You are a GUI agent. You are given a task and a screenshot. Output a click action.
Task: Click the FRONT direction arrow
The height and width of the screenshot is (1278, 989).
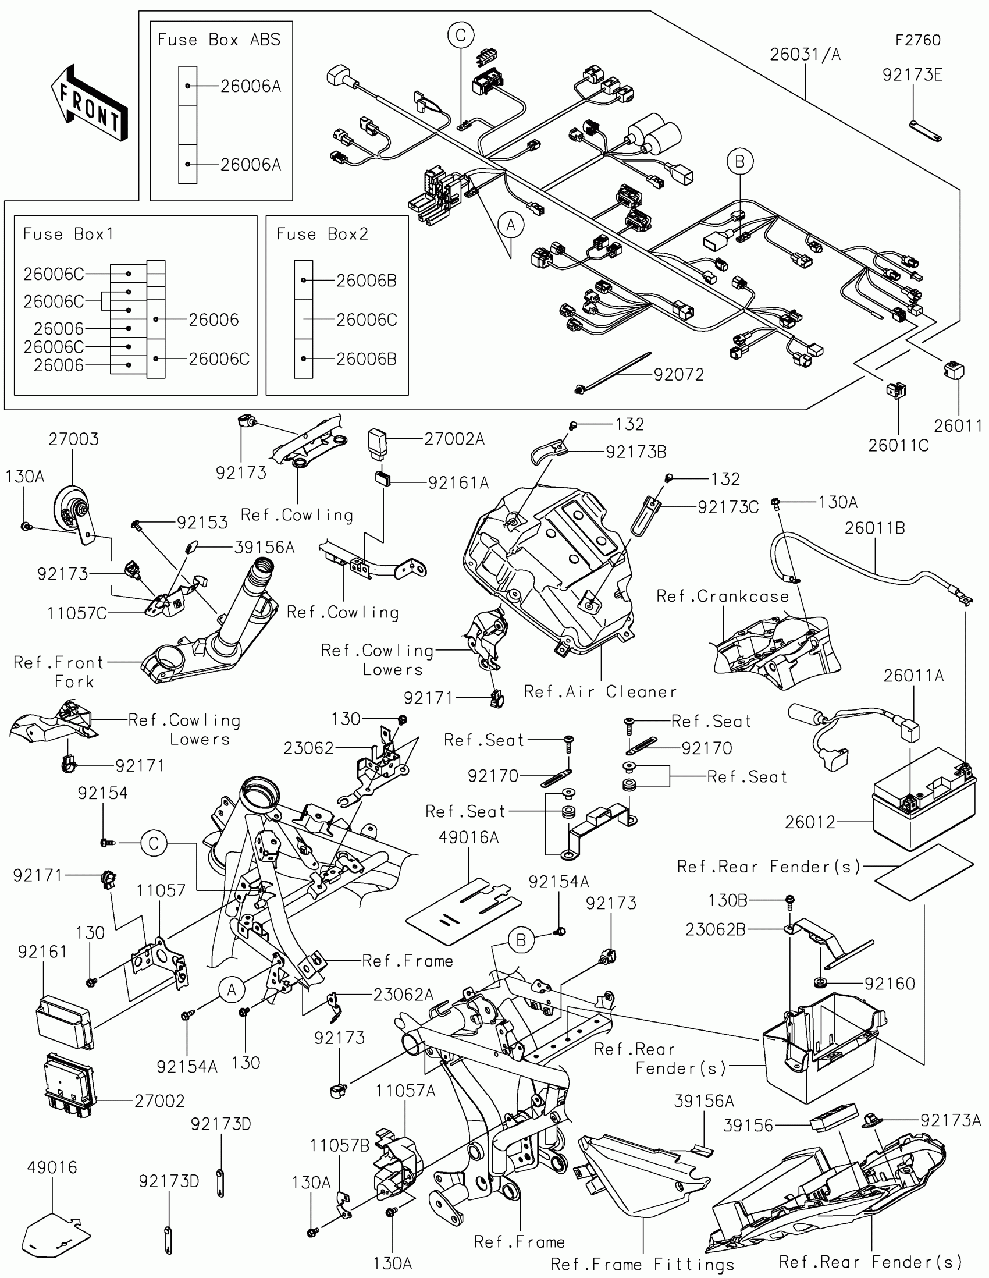click(89, 104)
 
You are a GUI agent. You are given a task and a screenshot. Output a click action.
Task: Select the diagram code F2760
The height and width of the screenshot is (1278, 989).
click(917, 40)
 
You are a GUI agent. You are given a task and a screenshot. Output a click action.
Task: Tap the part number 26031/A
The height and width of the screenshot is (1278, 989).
click(805, 55)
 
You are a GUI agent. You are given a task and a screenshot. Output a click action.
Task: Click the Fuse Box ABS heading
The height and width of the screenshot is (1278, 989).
click(219, 40)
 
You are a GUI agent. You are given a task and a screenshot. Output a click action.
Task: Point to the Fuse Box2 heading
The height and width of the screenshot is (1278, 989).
click(322, 234)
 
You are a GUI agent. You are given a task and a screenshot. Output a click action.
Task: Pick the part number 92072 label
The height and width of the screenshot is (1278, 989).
click(678, 375)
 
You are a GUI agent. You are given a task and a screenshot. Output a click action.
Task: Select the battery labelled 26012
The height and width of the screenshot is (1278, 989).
click(924, 798)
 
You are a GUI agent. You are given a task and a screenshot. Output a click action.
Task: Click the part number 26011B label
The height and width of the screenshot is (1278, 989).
click(874, 528)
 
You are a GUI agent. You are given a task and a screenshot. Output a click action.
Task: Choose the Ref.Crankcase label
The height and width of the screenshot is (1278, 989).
click(723, 597)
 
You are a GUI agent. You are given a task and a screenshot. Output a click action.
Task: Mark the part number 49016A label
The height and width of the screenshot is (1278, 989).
click(468, 837)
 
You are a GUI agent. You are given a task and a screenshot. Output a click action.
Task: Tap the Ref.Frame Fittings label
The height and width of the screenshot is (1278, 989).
click(642, 1264)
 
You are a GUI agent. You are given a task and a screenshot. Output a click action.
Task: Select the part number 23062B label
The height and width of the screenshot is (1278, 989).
click(716, 929)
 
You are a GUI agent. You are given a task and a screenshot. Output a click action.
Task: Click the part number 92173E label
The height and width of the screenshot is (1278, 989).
click(912, 75)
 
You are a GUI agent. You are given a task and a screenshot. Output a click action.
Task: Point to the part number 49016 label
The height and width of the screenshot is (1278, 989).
click(52, 1167)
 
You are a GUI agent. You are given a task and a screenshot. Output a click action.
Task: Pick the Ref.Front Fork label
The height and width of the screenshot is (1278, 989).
click(59, 672)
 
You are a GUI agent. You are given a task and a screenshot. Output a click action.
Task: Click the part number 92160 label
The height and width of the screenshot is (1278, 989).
click(890, 984)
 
